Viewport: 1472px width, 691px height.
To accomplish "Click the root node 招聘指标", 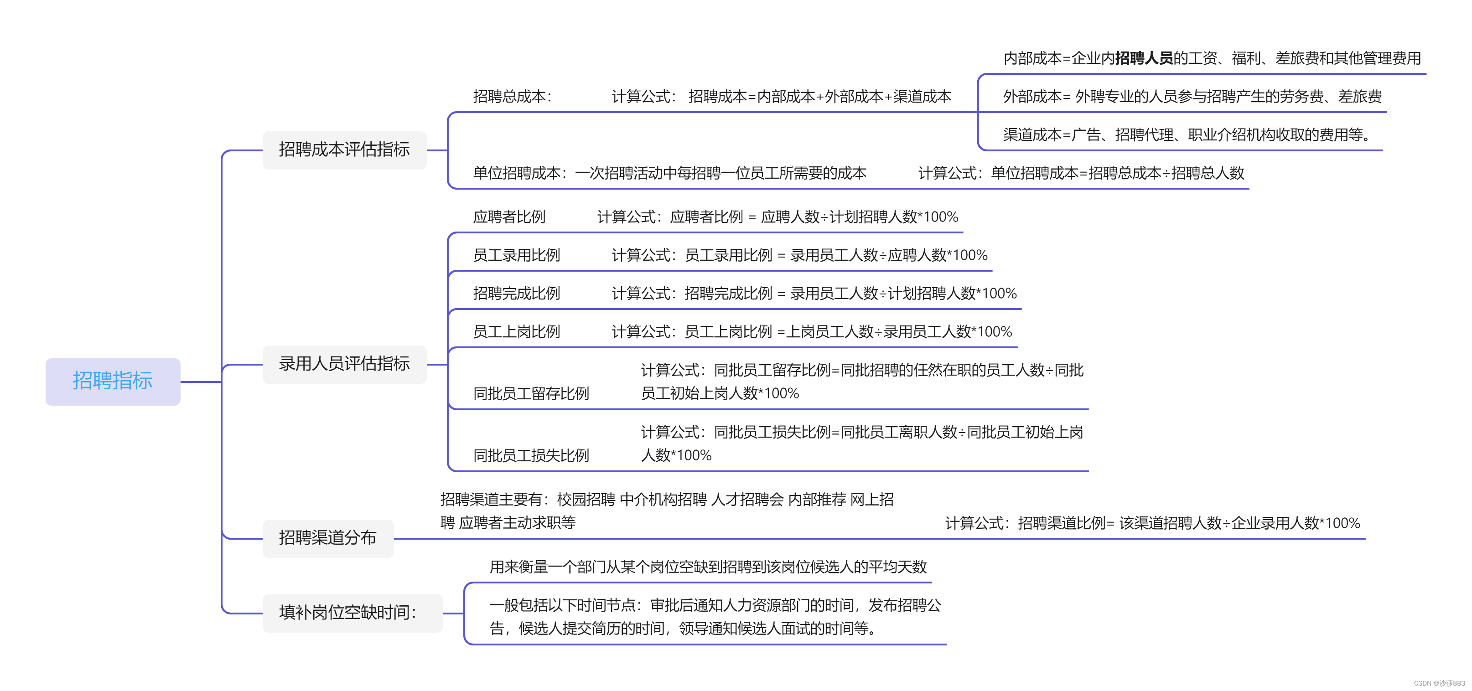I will tap(113, 381).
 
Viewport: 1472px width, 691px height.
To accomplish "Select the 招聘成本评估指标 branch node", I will tap(344, 150).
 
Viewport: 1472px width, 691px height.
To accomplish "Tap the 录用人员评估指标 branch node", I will tap(344, 364).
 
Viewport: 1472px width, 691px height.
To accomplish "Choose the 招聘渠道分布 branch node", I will tap(327, 538).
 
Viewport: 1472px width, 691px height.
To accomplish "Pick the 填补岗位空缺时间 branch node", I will tap(348, 613).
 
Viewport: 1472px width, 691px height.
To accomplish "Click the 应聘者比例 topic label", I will tap(509, 217).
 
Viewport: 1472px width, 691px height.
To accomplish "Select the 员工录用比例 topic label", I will tap(517, 255).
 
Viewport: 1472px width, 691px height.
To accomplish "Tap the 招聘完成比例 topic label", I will tap(517, 294).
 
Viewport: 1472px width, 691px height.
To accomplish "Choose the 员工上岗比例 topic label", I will tap(517, 332).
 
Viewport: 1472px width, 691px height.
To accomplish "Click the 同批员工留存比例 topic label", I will tap(531, 393).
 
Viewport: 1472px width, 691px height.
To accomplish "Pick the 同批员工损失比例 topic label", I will tap(531, 456).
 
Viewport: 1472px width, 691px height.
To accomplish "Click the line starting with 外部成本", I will tap(1192, 97).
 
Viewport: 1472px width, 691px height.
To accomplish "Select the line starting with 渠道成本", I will tap(1186, 135).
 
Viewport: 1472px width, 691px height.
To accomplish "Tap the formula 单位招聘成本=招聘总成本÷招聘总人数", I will tap(1117, 173).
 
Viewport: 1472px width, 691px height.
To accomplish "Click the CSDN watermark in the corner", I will tap(1439, 683).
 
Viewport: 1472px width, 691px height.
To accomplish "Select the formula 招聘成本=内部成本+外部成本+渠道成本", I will tap(819, 97).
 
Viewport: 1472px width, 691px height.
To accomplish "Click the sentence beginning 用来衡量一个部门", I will tap(708, 567).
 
